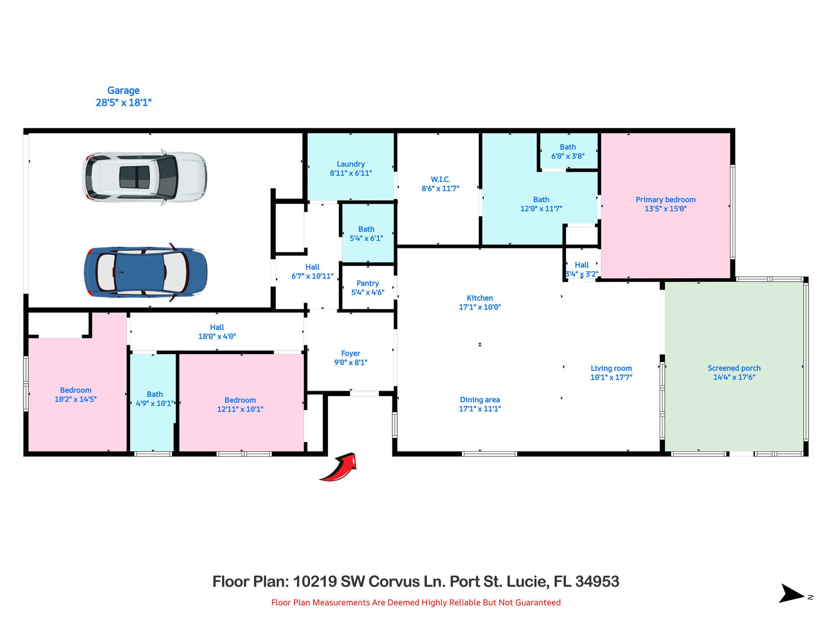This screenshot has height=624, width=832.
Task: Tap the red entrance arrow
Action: click(339, 468)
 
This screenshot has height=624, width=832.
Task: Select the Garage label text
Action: click(124, 90)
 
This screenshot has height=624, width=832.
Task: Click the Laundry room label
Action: click(351, 164)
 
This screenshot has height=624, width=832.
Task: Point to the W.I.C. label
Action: click(440, 179)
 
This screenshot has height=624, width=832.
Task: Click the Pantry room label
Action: click(367, 283)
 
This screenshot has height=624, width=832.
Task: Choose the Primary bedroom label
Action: click(665, 200)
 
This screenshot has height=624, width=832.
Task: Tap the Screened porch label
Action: click(734, 368)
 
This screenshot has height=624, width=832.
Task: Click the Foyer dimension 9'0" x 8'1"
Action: click(351, 362)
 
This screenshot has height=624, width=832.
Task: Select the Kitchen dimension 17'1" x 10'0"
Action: click(480, 307)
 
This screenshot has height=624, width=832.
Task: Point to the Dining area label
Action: click(480, 400)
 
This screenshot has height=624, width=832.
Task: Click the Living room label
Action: click(611, 368)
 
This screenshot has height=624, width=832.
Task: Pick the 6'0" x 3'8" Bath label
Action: click(568, 151)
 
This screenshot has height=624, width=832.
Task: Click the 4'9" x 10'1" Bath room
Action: click(154, 399)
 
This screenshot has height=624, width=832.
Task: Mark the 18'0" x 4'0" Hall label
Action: click(217, 332)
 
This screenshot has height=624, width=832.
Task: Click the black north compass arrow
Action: click(790, 594)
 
